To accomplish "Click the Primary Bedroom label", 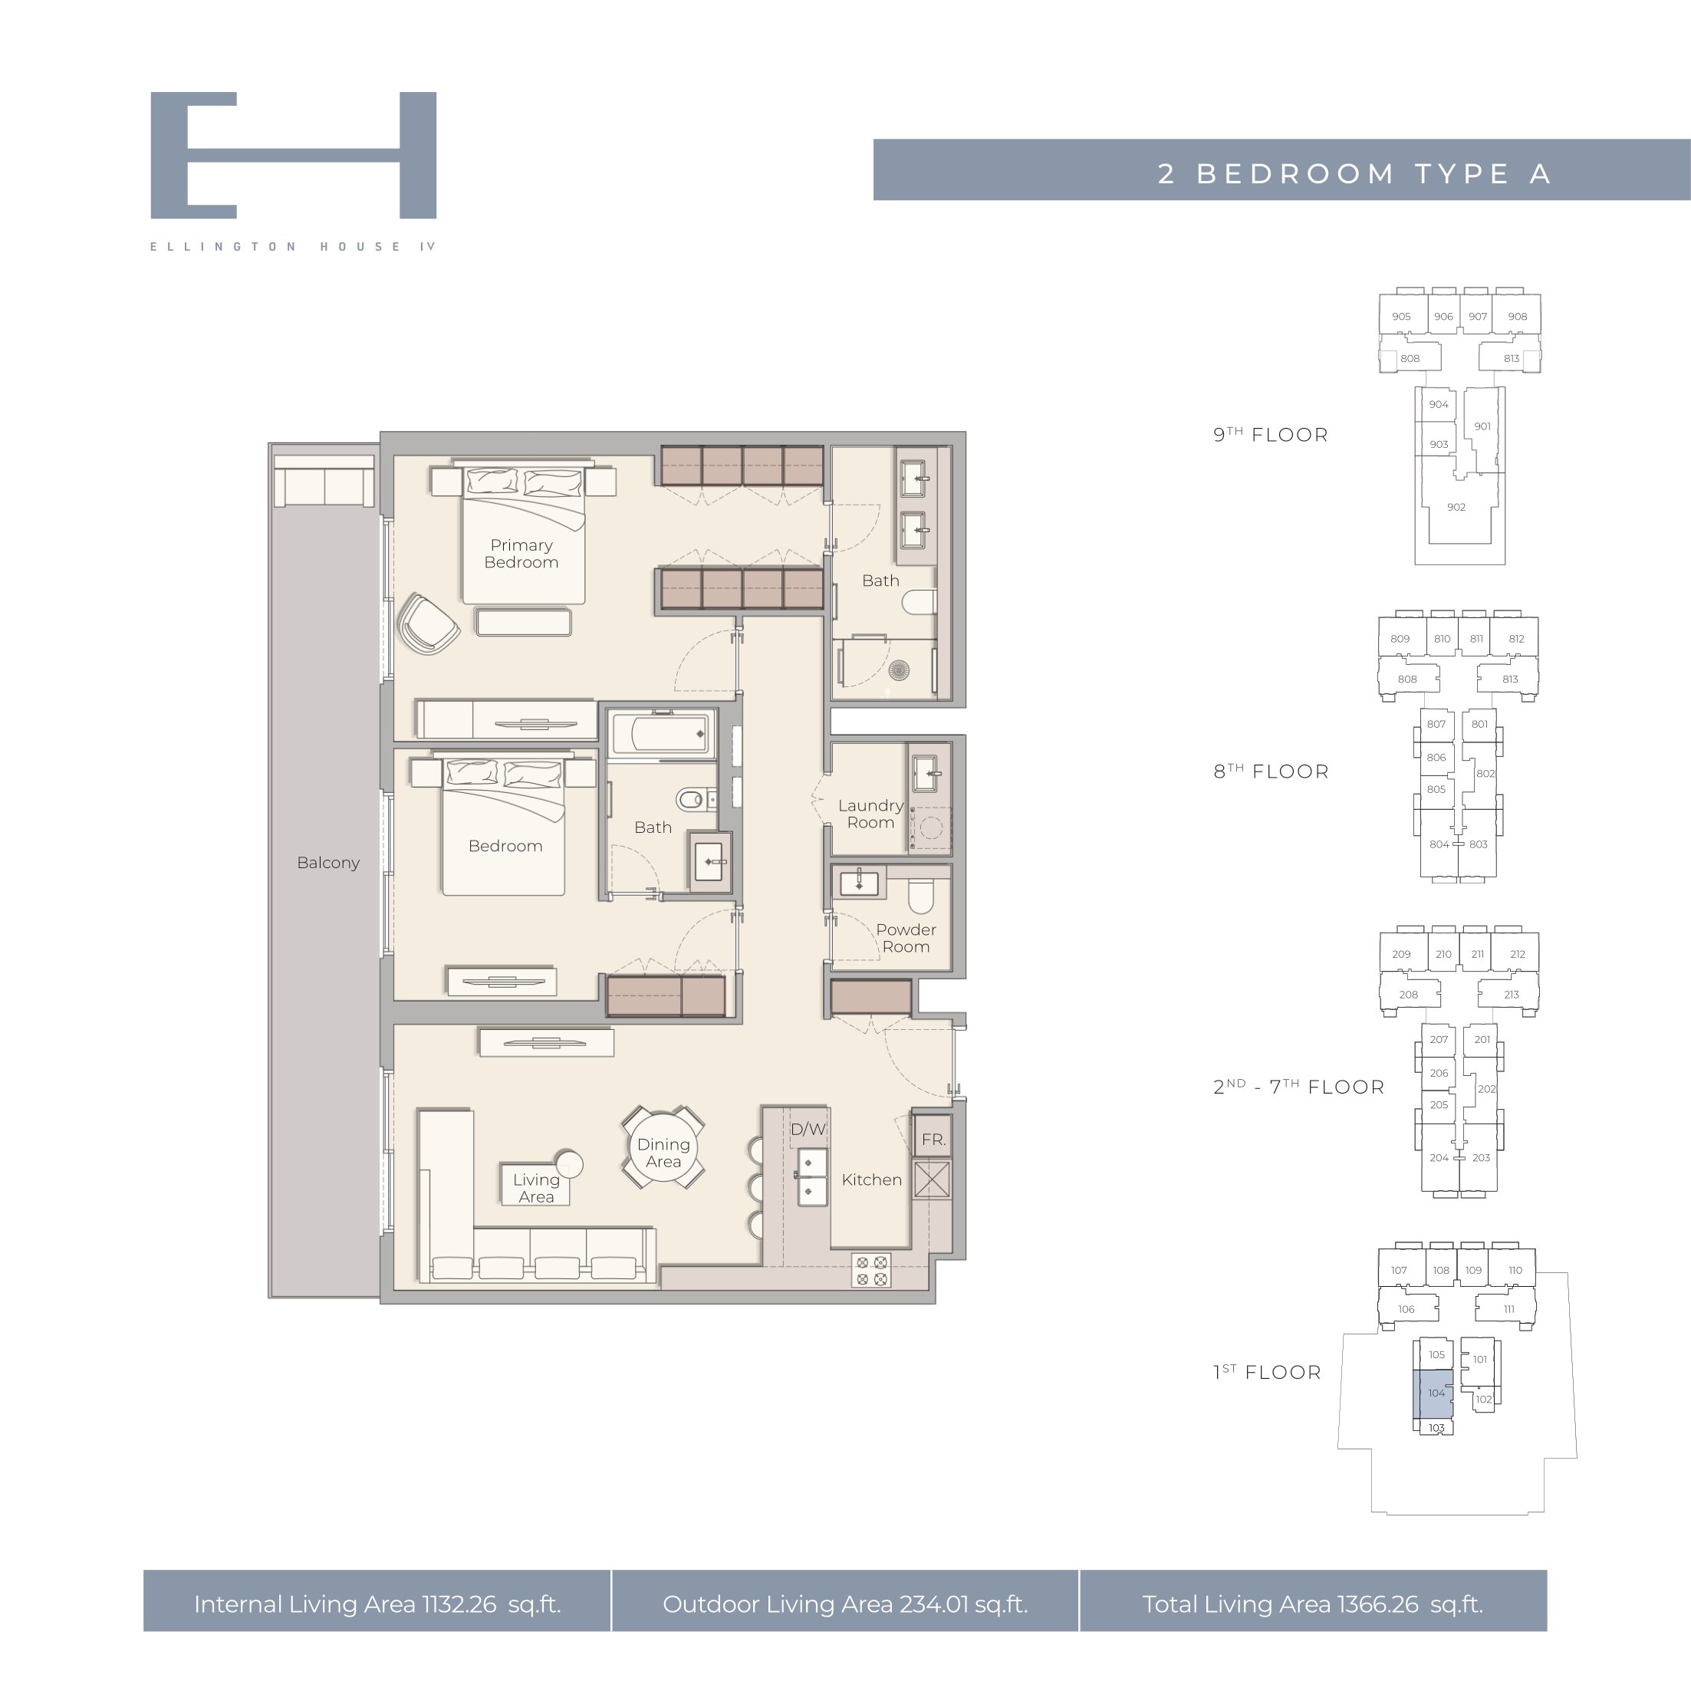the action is [x=521, y=553].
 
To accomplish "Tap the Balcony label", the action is [x=328, y=862].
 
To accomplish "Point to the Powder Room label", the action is [x=906, y=937].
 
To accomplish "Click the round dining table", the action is [x=663, y=1147].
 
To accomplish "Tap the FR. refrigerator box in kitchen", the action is [x=932, y=1139].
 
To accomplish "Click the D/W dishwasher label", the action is [x=808, y=1129].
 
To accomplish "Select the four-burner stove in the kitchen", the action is [x=872, y=1271].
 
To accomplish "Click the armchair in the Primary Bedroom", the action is [x=427, y=623].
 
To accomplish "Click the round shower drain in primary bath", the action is [x=899, y=670].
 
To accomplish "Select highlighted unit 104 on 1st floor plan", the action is [x=1433, y=1393].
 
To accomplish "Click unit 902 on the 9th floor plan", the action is [x=1456, y=507].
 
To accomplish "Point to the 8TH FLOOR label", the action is [x=1271, y=771].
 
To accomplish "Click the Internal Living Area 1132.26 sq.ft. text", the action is [x=377, y=1604].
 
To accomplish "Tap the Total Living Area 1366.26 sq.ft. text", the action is [x=1313, y=1604].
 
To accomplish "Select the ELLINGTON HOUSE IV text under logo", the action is [x=293, y=247].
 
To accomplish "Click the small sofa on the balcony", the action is [x=324, y=481].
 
